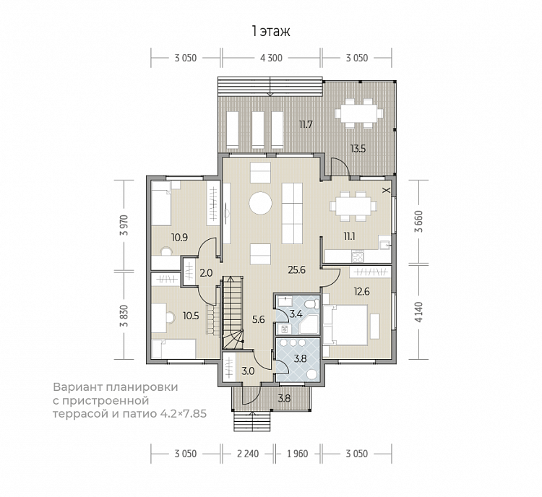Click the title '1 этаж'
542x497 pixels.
coord(271,32)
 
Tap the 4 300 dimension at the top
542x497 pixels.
coord(271,58)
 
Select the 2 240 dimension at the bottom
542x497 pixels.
coord(248,454)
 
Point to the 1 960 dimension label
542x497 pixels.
coord(297,454)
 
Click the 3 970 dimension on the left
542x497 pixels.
coord(124,225)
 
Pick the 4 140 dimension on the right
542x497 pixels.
coord(419,313)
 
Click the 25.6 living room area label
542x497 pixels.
coord(296,270)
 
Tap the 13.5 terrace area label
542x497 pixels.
coord(358,149)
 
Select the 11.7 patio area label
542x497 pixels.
coord(306,124)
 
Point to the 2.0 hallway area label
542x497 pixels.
coord(206,273)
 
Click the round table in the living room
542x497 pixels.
coord(260,203)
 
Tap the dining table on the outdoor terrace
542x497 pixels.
coord(358,113)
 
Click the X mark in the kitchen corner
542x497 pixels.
coord(387,190)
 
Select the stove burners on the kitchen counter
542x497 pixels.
coord(358,256)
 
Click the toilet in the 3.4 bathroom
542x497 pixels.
coord(311,304)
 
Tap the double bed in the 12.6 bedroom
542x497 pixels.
coord(345,325)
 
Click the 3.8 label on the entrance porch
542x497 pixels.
coord(284,399)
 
